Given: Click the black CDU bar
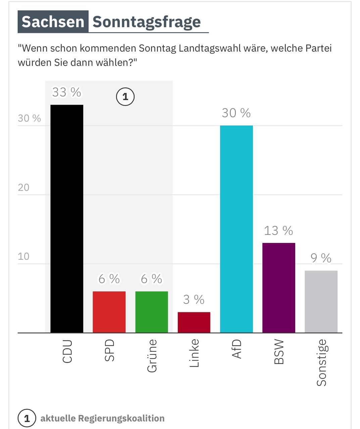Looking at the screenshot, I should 67,219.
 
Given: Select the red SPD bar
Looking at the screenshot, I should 109,312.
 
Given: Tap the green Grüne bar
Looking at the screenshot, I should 152,312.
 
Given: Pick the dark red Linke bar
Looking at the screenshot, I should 194,322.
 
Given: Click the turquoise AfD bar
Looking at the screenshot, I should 236,229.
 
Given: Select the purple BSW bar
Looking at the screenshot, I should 279,288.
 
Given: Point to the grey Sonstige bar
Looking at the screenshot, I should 321,301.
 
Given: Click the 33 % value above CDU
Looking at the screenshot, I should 66,92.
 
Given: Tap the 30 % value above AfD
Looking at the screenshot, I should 236,113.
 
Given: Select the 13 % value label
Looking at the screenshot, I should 278,231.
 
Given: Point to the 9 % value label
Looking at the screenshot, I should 321,258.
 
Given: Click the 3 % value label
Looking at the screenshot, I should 194,299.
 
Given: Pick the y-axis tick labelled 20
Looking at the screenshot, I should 24,187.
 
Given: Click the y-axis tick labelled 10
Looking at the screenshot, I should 24,256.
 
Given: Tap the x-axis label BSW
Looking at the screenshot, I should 279,352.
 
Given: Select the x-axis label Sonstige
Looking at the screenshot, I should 321,363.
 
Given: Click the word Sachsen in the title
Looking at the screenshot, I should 53,22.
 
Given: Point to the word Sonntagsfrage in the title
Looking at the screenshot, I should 147,22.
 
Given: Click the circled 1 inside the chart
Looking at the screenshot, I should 125,97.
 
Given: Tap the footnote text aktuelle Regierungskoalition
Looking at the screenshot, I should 102,418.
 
